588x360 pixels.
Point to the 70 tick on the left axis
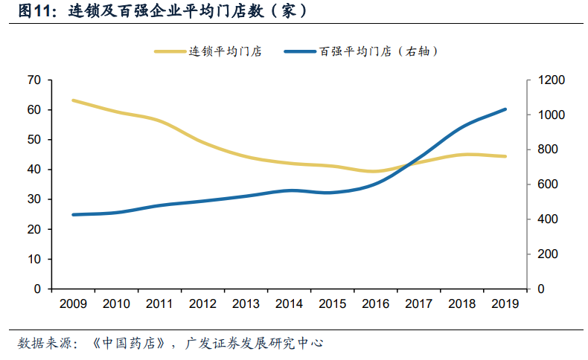pos(33,80)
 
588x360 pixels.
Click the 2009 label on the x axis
pos(72,303)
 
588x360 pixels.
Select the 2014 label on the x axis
pos(289,303)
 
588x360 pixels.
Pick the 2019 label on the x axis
pos(505,303)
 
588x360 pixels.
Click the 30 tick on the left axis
pos(33,199)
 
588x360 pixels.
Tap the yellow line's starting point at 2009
pos(72,100)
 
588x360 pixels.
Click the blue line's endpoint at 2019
pos(505,109)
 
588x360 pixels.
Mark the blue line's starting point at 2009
pos(72,215)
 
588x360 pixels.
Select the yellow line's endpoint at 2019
pos(505,156)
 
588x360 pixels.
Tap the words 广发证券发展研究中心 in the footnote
pos(253,344)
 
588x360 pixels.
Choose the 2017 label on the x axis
pos(419,303)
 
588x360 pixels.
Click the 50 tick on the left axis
pos(33,140)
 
